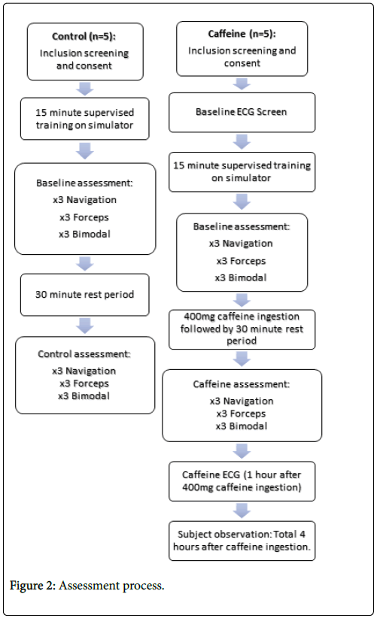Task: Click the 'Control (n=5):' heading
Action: tap(84, 36)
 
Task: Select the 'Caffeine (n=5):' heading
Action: tap(242, 34)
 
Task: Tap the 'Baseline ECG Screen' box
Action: tap(242, 112)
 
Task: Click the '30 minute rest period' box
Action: tap(85, 295)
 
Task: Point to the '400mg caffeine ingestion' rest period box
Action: tap(242, 329)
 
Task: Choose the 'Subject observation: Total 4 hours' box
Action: tap(242, 541)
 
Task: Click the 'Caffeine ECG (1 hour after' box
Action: tap(242, 481)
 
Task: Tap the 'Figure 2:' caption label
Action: tap(33, 586)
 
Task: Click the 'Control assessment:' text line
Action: tap(84, 354)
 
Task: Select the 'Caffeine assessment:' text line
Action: tap(242, 384)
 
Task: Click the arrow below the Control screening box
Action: tap(85, 89)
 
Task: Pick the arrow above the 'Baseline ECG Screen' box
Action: tap(242, 84)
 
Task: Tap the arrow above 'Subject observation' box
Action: tap(242, 510)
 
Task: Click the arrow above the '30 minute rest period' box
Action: tap(85, 264)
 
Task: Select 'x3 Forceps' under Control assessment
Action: tap(84, 383)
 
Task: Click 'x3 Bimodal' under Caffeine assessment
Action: tap(242, 426)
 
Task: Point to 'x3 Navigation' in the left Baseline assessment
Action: tap(85, 200)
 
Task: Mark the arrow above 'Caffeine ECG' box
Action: tap(242, 451)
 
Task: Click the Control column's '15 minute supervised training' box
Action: tap(85, 119)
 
